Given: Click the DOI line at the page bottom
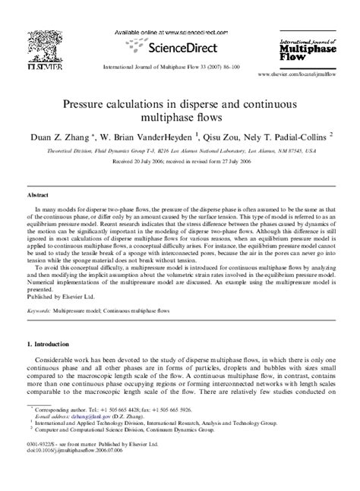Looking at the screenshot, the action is pyautogui.click(x=71, y=470).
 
